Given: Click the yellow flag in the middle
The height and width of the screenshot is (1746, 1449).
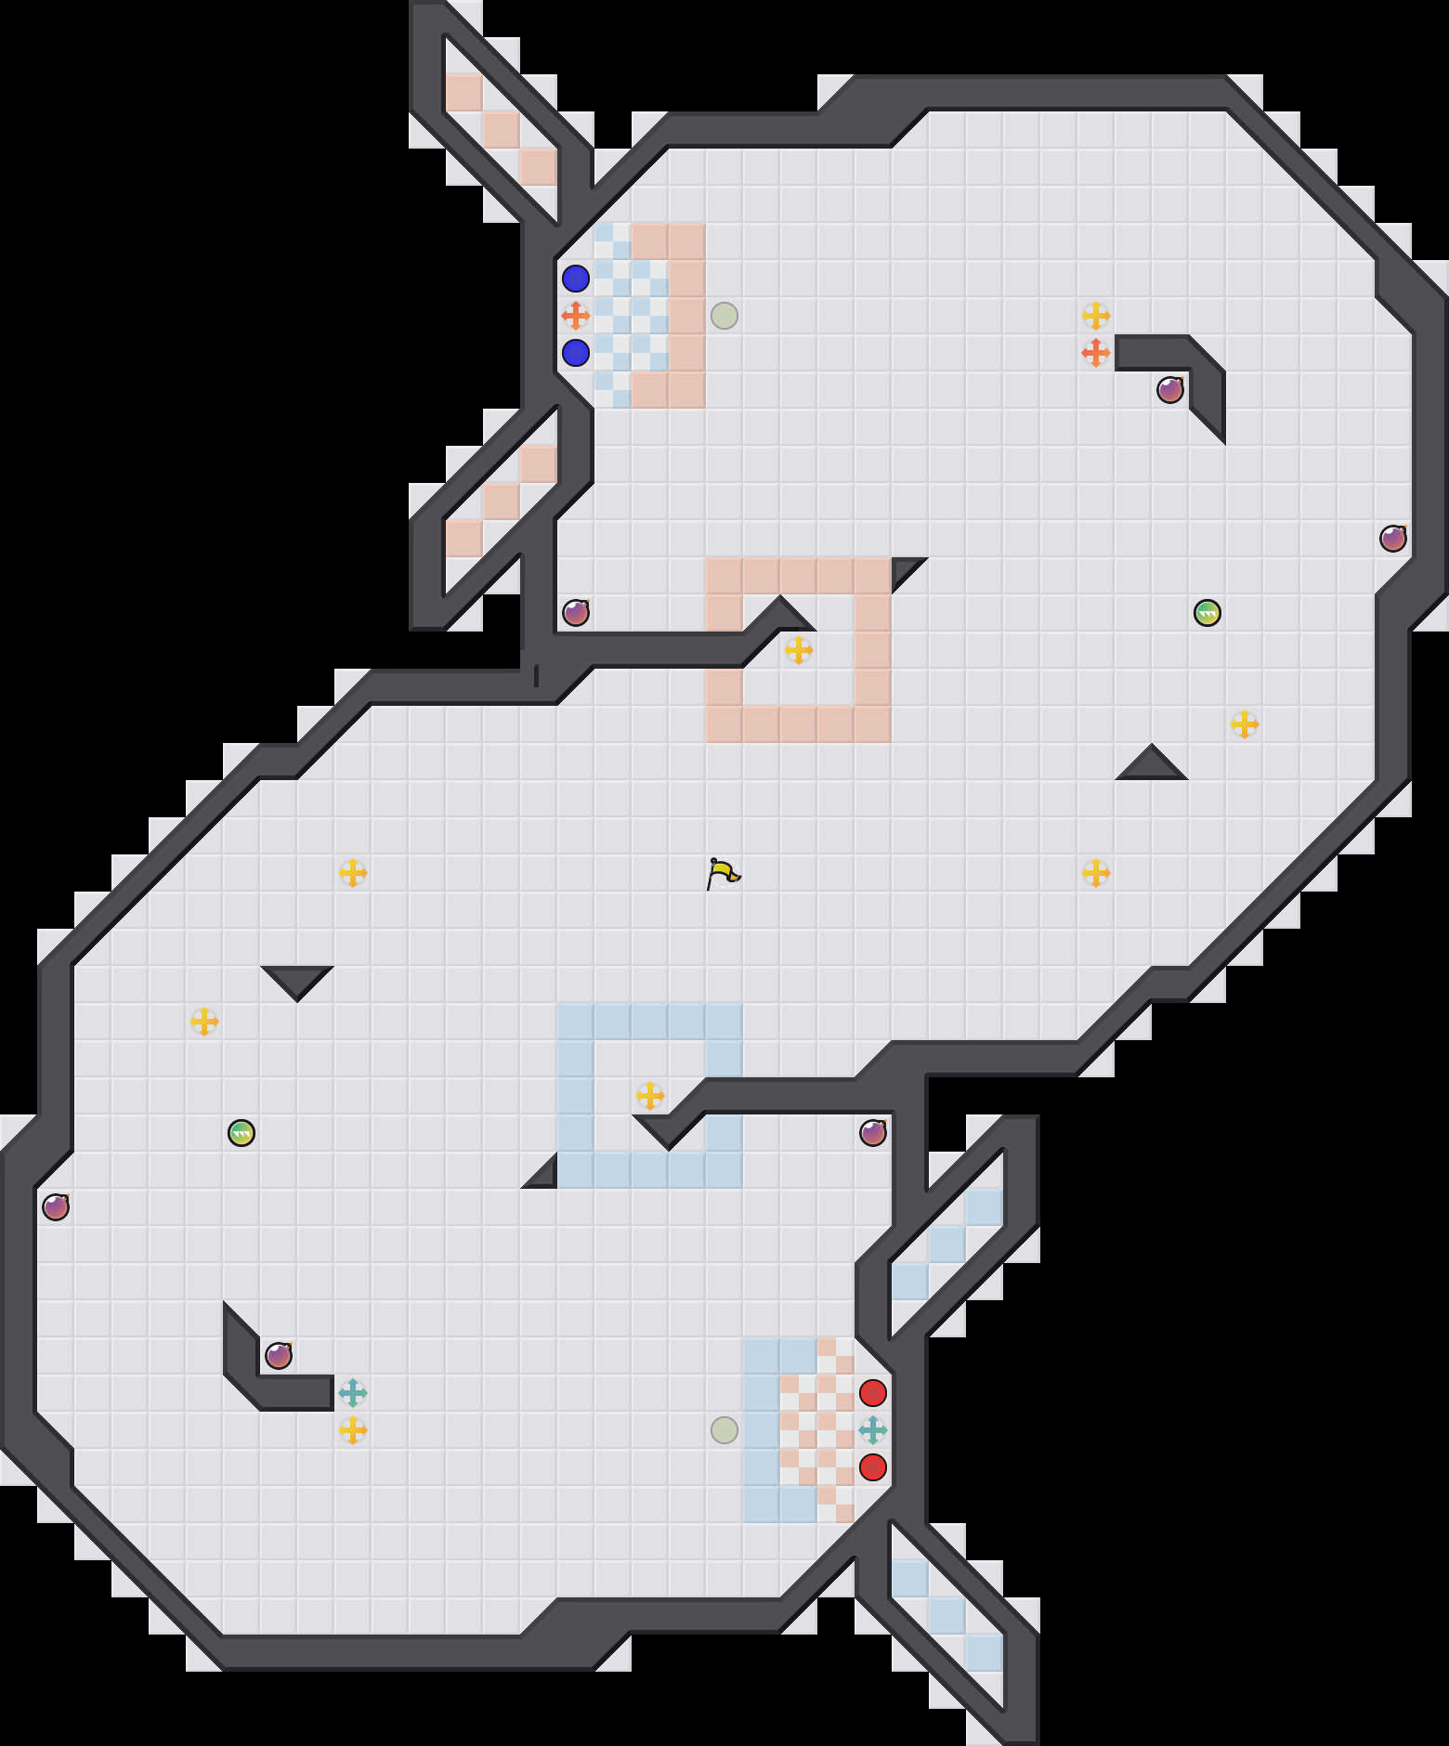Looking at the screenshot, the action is click(723, 873).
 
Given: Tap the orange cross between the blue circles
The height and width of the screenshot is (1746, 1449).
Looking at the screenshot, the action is click(576, 316).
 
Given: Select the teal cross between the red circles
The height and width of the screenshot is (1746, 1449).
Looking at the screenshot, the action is click(873, 1430).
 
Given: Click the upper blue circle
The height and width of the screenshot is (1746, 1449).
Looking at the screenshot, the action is click(576, 279).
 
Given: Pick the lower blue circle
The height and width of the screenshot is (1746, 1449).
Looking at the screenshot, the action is click(576, 353).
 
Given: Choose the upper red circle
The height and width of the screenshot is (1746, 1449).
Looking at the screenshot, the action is click(873, 1393).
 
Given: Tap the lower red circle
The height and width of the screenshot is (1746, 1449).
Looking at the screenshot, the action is click(873, 1467).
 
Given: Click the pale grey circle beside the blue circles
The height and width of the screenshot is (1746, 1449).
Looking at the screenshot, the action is click(724, 316).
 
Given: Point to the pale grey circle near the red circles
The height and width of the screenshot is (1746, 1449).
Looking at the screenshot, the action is click(724, 1430).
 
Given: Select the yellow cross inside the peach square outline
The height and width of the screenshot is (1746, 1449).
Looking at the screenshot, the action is click(799, 650).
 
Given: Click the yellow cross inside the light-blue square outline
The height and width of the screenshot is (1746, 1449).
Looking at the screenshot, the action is click(650, 1096).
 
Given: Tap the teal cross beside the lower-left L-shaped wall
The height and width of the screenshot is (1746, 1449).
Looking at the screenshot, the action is click(353, 1393).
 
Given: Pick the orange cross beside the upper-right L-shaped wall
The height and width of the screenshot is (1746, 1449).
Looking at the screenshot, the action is click(1096, 353).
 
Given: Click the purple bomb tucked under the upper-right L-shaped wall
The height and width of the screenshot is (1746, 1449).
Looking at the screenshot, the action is click(1170, 390).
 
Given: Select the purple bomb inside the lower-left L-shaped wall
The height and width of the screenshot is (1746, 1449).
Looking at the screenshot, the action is click(279, 1356).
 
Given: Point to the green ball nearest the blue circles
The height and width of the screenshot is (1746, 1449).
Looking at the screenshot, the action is click(1207, 613).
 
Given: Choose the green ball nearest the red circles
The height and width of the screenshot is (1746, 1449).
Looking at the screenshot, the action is click(241, 1133).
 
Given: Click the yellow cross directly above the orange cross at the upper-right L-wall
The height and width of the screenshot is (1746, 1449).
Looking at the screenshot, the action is click(1096, 316).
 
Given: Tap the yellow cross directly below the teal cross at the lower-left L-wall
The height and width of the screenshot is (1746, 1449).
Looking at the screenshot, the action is click(353, 1430).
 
